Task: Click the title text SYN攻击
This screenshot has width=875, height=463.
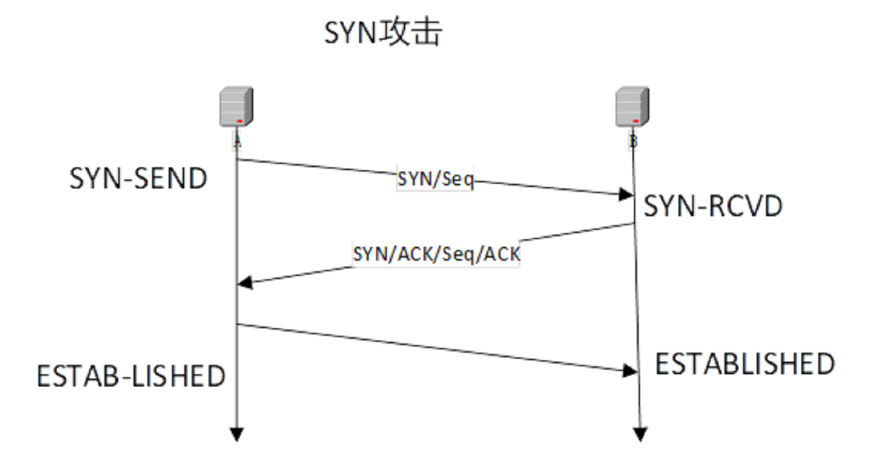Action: pyautogui.click(x=383, y=34)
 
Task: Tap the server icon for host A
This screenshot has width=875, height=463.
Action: pyautogui.click(x=236, y=107)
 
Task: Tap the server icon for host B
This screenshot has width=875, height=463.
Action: pyautogui.click(x=632, y=107)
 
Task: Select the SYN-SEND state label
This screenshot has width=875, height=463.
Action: pyautogui.click(x=138, y=178)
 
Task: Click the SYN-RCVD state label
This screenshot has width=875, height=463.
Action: pyautogui.click(x=713, y=207)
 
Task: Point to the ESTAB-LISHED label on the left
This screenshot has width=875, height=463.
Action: pyautogui.click(x=131, y=377)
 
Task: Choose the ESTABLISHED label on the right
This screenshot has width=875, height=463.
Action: pyautogui.click(x=745, y=364)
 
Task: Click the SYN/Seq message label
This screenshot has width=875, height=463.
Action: pyautogui.click(x=435, y=179)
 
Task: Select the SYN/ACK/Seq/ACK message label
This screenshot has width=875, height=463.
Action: pyautogui.click(x=436, y=254)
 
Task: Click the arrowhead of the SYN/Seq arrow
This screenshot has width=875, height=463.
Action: pyautogui.click(x=627, y=195)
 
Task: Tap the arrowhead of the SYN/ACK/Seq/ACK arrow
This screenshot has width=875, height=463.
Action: pyautogui.click(x=245, y=283)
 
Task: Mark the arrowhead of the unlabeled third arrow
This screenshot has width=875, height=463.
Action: pyautogui.click(x=630, y=370)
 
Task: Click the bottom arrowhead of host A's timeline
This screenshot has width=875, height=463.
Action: pyautogui.click(x=237, y=434)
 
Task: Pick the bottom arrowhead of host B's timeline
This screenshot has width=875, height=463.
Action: pyautogui.click(x=640, y=434)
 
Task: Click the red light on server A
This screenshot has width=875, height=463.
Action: pyautogui.click(x=239, y=120)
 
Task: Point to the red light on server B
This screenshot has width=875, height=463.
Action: pyautogui.click(x=636, y=120)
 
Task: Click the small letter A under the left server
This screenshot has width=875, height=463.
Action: pyautogui.click(x=237, y=141)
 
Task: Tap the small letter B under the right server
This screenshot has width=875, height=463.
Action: pyautogui.click(x=633, y=141)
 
